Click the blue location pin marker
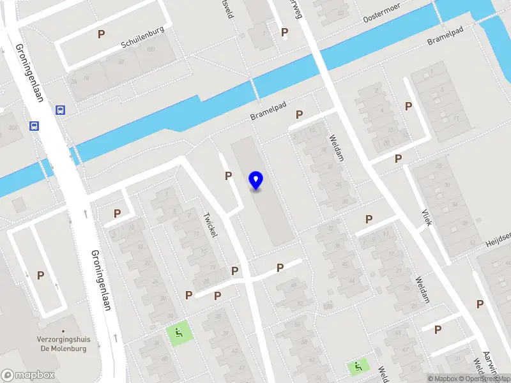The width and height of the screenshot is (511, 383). tap(256, 181)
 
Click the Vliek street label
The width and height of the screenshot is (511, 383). tap(426, 218)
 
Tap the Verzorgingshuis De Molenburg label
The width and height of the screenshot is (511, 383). tap(70, 345)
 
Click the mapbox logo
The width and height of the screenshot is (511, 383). tap(28, 375)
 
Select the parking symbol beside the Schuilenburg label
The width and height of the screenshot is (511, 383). tap(101, 34)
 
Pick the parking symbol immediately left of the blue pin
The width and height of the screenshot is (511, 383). tap(228, 176)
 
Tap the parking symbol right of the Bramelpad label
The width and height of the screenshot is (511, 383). tap(299, 115)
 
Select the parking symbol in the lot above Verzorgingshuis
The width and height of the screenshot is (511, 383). tap(41, 276)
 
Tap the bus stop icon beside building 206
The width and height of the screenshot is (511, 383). tap(34, 126)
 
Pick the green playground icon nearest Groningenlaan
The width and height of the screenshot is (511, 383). tap(178, 331)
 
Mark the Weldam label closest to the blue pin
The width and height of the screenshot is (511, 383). tap(336, 147)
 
